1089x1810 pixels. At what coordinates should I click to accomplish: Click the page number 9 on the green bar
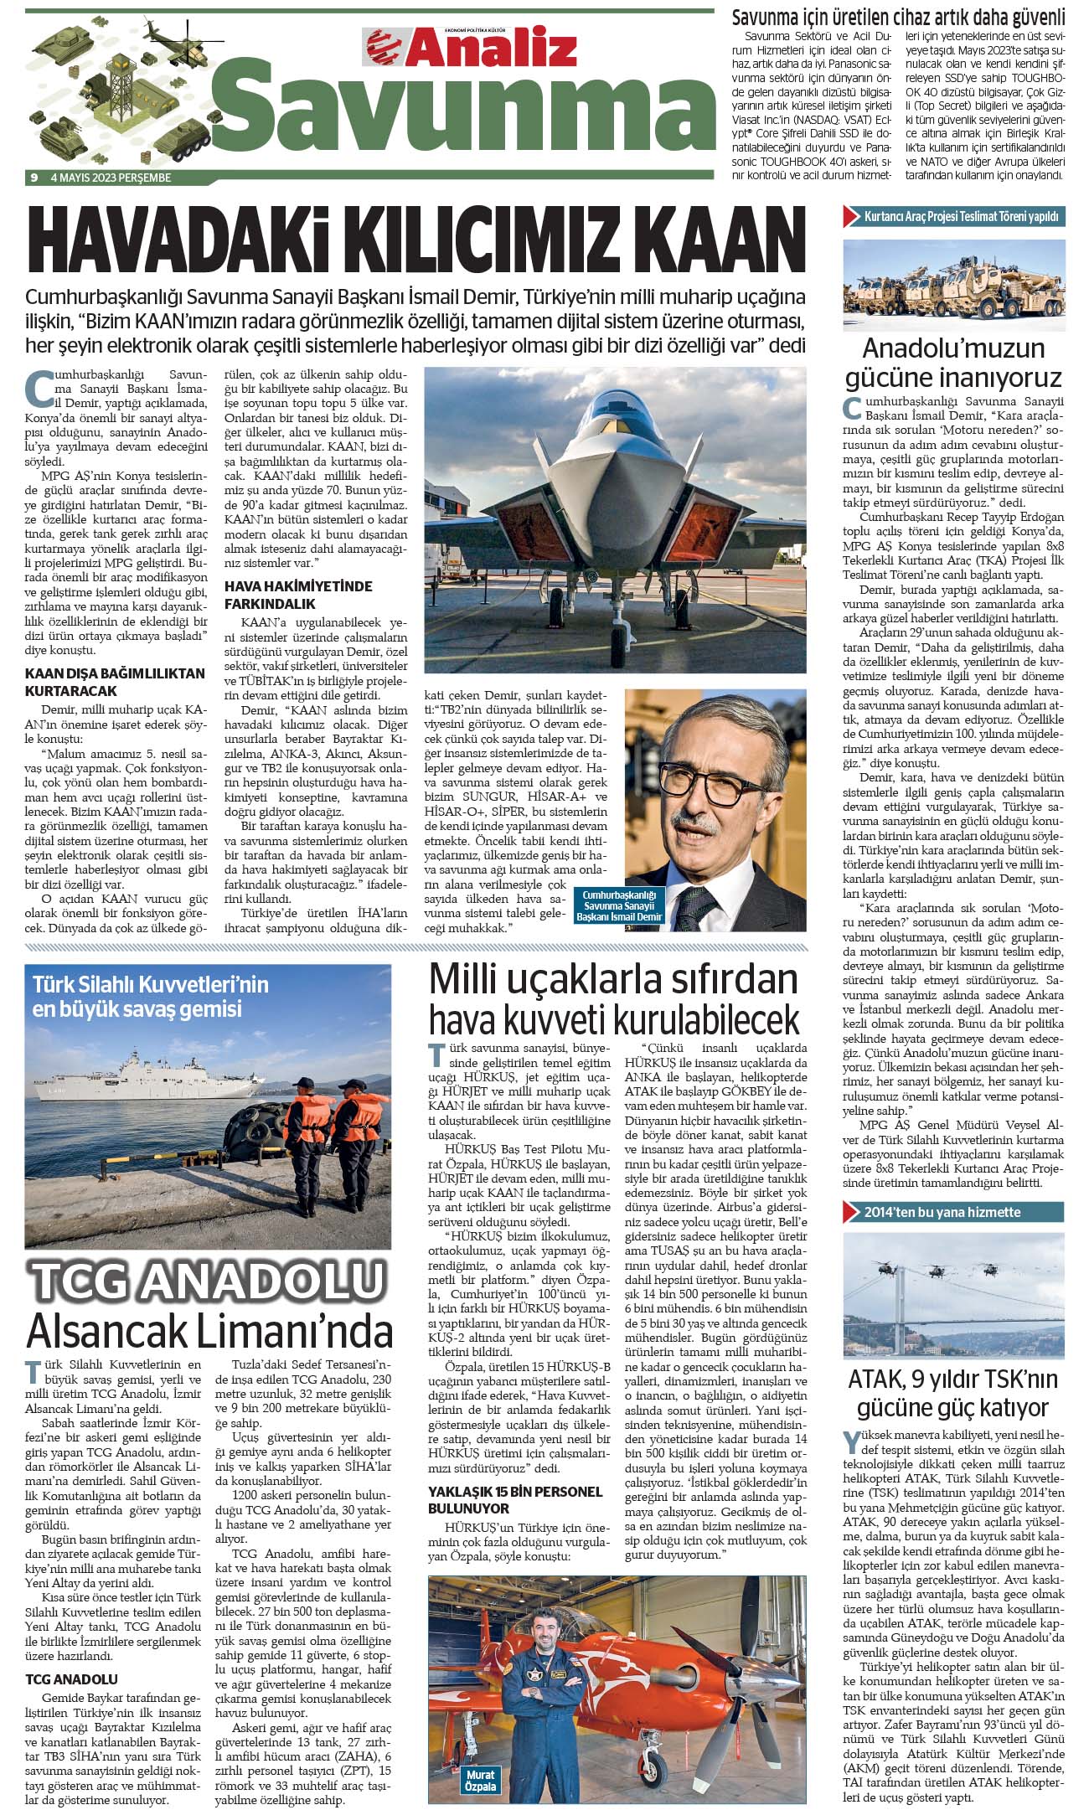pyautogui.click(x=34, y=178)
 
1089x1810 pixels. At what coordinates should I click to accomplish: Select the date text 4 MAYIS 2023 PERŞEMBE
pyautogui.click(x=111, y=178)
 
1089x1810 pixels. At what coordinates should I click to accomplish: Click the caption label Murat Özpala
pyautogui.click(x=479, y=1774)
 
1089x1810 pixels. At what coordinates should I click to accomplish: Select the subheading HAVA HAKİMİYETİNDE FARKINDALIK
pyautogui.click(x=298, y=594)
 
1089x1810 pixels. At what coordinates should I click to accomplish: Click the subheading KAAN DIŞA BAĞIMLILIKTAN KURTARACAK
pyautogui.click(x=115, y=682)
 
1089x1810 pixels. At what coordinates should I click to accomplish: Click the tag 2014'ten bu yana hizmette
pyautogui.click(x=942, y=1211)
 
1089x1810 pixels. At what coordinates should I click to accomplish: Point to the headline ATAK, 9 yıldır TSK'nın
pyautogui.click(x=952, y=1379)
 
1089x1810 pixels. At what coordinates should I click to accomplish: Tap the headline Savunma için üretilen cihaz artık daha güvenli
pyautogui.click(x=899, y=17)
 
